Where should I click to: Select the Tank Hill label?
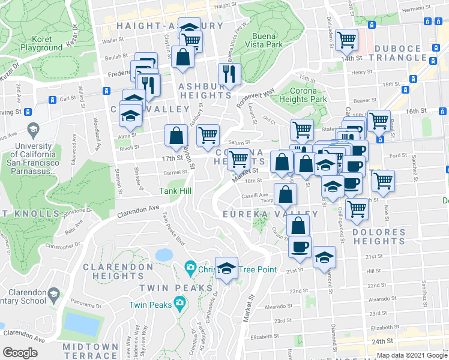[175, 191]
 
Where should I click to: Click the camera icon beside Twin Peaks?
[179, 304]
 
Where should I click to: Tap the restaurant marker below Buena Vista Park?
[229, 74]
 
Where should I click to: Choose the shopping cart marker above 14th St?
[346, 40]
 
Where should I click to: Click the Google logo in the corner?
[20, 352]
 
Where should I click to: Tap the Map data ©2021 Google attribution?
[411, 355]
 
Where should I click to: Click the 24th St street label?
[397, 341]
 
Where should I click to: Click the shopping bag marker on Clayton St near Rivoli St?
[176, 136]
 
